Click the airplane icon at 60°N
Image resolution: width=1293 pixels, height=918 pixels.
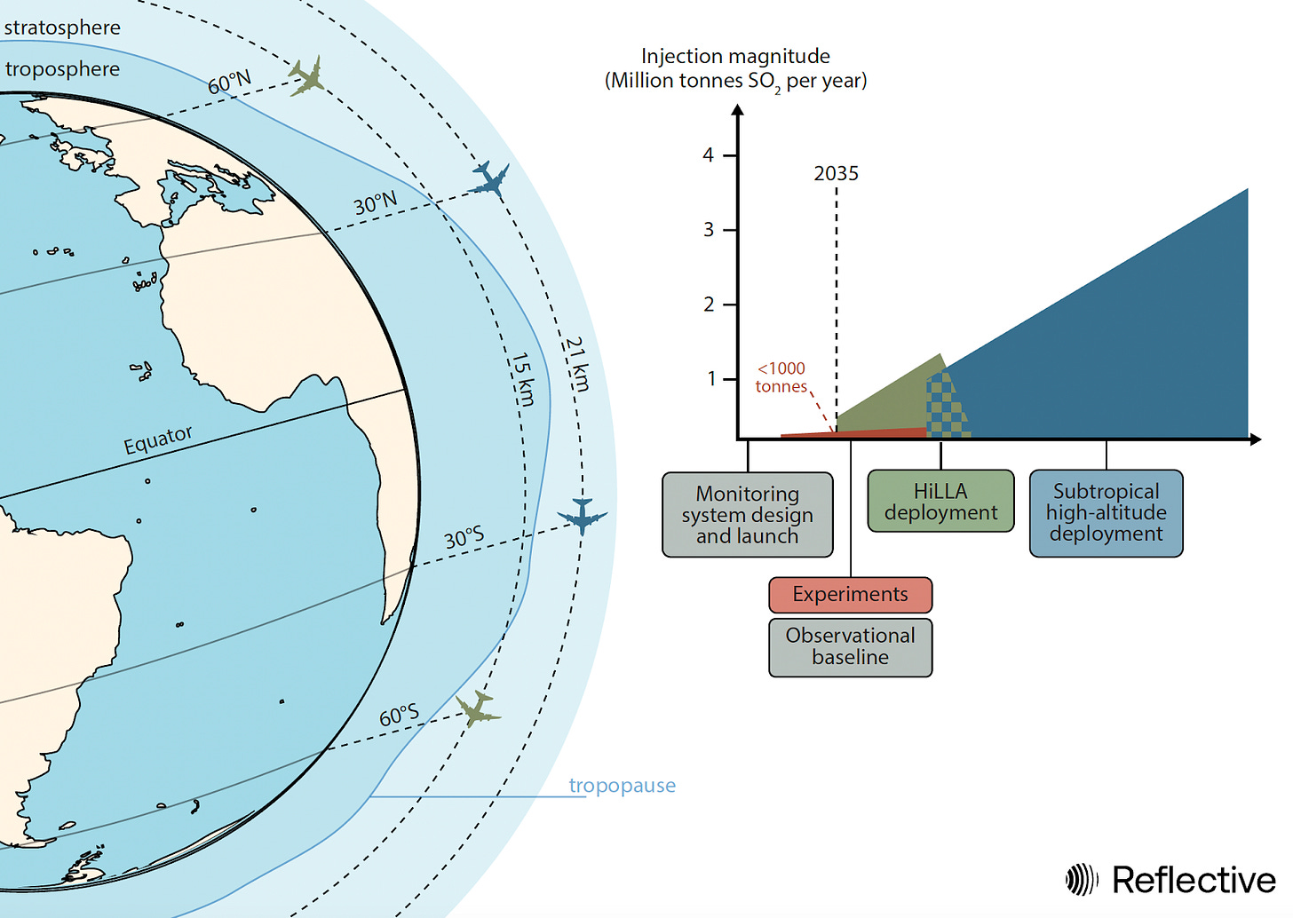[306, 76]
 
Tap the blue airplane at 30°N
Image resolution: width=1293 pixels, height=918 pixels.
[489, 180]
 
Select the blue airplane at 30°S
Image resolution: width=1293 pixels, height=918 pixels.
[582, 515]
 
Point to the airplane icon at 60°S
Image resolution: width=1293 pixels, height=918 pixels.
[478, 708]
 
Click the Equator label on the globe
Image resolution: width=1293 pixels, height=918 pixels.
[158, 439]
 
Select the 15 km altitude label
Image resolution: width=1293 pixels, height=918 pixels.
[523, 379]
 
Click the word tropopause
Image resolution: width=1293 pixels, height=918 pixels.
[622, 786]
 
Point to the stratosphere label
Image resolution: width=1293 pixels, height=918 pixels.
[62, 28]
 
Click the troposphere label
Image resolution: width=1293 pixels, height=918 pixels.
[62, 69]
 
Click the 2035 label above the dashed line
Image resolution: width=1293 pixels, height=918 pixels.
[836, 174]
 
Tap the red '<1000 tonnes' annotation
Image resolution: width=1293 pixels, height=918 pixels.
[781, 377]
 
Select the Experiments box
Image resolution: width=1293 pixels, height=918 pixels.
[850, 595]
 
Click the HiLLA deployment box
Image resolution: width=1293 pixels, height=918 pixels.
[940, 502]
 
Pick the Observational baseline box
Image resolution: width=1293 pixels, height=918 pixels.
[850, 646]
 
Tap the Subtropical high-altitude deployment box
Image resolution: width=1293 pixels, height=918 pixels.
[1106, 513]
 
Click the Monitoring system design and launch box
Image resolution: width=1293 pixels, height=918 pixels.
[747, 515]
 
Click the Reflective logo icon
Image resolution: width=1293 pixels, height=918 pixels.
[1082, 880]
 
